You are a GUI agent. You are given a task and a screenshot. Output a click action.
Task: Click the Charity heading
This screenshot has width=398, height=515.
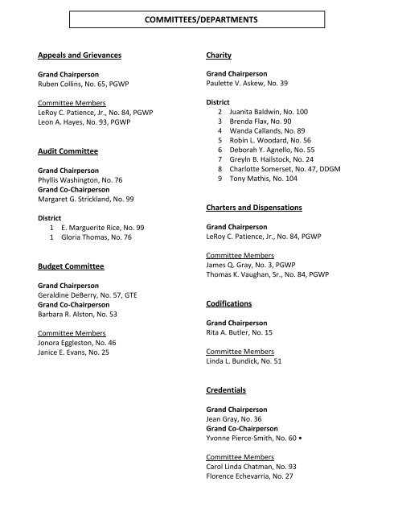219,56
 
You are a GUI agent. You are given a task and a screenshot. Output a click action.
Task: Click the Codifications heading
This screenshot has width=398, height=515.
229,304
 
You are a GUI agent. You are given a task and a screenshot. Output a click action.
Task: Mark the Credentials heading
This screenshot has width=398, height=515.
226,389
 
